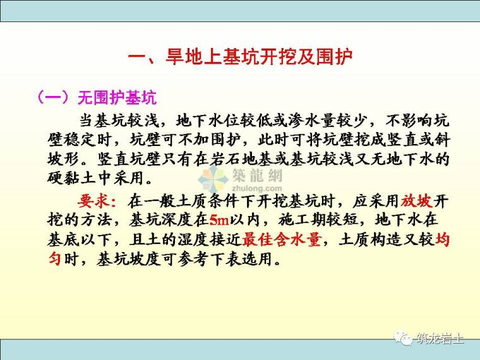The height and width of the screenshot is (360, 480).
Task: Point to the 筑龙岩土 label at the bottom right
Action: coord(440,339)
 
